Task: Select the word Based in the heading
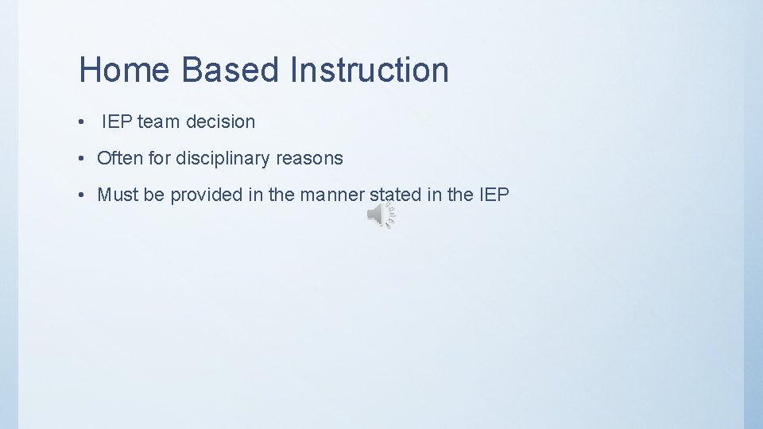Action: [x=231, y=70]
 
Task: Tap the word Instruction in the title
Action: [x=369, y=70]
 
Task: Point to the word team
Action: [x=159, y=122]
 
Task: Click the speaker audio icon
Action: [x=381, y=215]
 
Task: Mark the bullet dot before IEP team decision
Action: [x=83, y=123]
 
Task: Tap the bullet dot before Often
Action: [x=83, y=160]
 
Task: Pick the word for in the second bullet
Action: [x=159, y=159]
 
